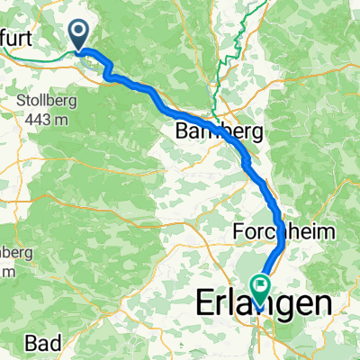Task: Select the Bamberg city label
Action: click(x=220, y=130)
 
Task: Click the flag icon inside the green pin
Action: click(x=261, y=287)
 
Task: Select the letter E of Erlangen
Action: click(x=205, y=305)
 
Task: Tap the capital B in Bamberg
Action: click(x=185, y=130)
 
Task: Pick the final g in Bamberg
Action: click(x=256, y=132)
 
